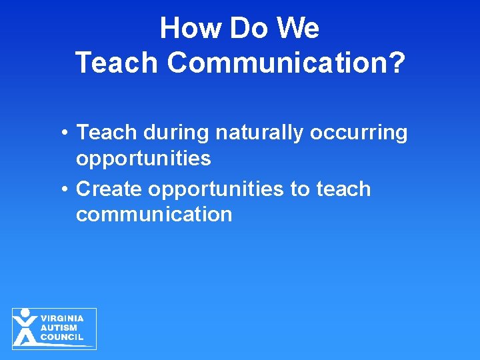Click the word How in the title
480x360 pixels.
pyautogui.click(x=186, y=29)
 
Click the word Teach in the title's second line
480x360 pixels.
pyautogui.click(x=117, y=63)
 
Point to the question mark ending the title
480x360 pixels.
pyautogui.click(x=396, y=63)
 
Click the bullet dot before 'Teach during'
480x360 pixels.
pyautogui.click(x=62, y=133)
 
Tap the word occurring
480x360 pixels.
pyautogui.click(x=358, y=133)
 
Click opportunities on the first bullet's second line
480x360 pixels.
pyautogui.click(x=143, y=159)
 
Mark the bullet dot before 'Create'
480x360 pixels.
pyautogui.click(x=62, y=189)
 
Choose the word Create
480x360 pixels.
pyautogui.click(x=109, y=189)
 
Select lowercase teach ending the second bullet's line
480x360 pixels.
pyautogui.click(x=343, y=189)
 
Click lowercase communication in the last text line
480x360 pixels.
pyautogui.click(x=154, y=214)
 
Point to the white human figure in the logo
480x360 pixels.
pyautogui.click(x=25, y=327)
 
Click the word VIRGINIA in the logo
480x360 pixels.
pyautogui.click(x=62, y=319)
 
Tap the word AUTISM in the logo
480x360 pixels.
pyautogui.click(x=59, y=328)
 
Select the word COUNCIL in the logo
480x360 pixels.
pyautogui.click(x=62, y=337)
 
